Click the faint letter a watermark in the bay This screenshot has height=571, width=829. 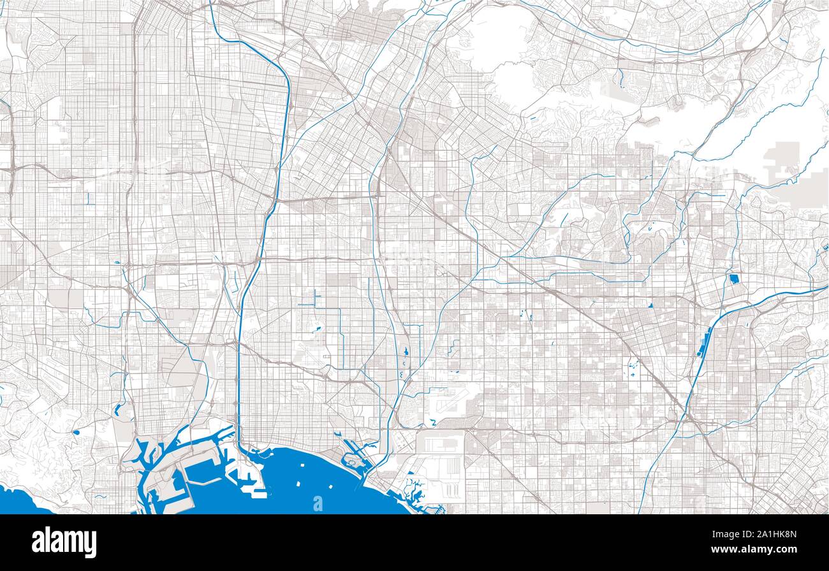tap(318, 503)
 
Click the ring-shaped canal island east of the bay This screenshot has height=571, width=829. tap(355, 461)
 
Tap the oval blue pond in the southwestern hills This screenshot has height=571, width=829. tap(76, 432)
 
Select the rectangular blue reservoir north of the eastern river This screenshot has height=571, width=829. tap(733, 278)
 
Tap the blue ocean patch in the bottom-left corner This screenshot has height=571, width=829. tap(22, 500)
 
